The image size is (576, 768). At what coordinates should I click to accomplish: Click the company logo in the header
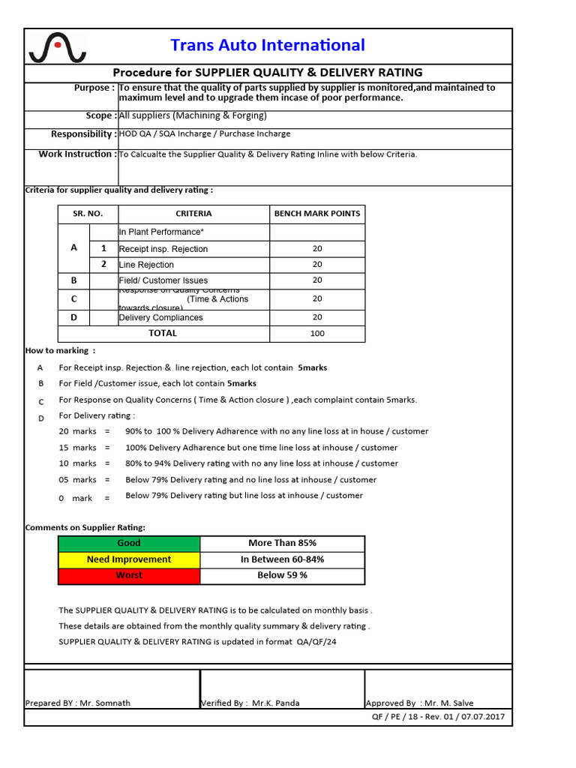pyautogui.click(x=58, y=48)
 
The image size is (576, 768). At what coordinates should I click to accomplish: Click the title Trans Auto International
pyautogui.click(x=268, y=45)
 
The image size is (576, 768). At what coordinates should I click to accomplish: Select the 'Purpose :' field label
pyautogui.click(x=94, y=88)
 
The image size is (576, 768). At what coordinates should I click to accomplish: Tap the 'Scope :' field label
pyautogui.click(x=101, y=115)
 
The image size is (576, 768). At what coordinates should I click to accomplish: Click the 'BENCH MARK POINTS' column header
pyautogui.click(x=317, y=214)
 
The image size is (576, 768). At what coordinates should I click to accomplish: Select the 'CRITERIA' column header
pyautogui.click(x=193, y=214)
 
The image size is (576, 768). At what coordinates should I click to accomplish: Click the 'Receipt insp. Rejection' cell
pyautogui.click(x=163, y=249)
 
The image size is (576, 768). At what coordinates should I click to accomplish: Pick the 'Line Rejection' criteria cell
pyautogui.click(x=146, y=265)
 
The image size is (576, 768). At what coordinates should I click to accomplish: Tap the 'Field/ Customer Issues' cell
pyautogui.click(x=163, y=280)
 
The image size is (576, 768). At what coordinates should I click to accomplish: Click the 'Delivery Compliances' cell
pyautogui.click(x=161, y=317)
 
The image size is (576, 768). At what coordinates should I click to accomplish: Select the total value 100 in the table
pyautogui.click(x=317, y=334)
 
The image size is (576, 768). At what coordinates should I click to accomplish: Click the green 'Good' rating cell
pyautogui.click(x=129, y=543)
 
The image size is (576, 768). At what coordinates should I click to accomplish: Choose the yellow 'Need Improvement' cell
pyautogui.click(x=129, y=559)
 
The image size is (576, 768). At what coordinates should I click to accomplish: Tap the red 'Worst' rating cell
pyautogui.click(x=129, y=575)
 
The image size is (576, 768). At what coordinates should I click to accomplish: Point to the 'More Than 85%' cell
pyautogui.click(x=282, y=543)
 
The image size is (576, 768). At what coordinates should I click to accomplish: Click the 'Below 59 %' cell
pyautogui.click(x=282, y=575)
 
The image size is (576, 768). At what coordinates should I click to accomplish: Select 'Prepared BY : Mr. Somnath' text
pyautogui.click(x=78, y=703)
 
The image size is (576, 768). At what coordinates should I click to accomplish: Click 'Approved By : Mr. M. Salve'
pyautogui.click(x=415, y=703)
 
